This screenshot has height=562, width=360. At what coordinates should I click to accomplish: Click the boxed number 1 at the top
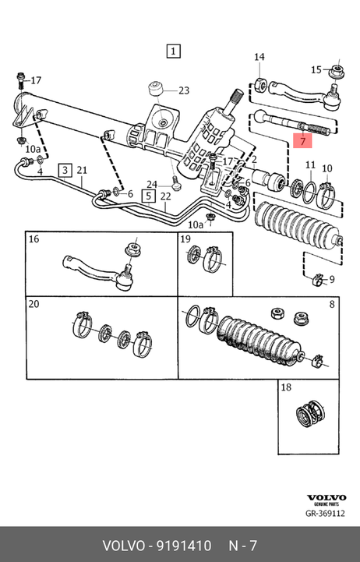173,51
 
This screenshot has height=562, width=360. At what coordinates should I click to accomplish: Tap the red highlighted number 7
302,141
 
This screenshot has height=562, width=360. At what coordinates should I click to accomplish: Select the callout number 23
184,90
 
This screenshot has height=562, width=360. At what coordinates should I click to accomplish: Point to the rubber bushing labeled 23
156,89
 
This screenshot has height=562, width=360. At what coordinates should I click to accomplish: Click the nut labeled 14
260,85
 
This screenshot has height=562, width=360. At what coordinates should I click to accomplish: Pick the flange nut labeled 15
337,71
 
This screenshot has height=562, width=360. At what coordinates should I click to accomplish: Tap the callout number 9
332,279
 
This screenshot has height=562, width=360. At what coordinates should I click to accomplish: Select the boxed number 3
65,170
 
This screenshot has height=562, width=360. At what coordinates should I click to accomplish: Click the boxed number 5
149,196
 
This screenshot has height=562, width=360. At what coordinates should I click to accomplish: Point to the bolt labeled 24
175,183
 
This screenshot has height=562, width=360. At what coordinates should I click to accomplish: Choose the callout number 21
82,170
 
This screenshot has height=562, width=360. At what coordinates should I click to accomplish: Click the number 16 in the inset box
34,239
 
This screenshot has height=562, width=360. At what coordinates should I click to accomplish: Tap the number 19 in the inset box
185,239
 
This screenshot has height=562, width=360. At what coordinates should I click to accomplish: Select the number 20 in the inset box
34,304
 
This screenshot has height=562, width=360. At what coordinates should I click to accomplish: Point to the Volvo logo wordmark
326,497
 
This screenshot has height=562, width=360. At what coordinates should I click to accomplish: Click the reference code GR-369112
325,513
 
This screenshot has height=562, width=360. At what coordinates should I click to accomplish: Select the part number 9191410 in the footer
185,546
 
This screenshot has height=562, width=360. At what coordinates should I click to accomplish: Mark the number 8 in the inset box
332,304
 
